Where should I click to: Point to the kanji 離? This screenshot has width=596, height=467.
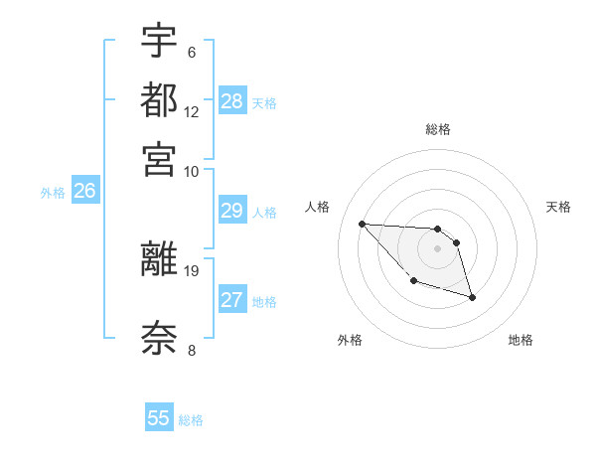pos(159,258)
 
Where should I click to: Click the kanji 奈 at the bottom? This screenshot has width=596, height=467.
pos(159,337)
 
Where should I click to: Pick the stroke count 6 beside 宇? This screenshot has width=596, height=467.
pos(192,52)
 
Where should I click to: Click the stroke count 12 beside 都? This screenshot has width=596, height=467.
pos(192,111)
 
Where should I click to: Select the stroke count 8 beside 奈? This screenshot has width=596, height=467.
pos(192,350)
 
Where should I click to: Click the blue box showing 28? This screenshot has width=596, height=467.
pos(232,101)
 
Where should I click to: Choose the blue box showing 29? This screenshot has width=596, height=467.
pos(232,211)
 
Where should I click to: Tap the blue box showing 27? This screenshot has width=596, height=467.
pos(232,300)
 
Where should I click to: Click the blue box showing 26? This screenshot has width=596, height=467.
pos(84,192)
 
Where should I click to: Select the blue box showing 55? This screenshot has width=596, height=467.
pos(159,418)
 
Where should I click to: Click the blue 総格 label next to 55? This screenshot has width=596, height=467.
pos(191,420)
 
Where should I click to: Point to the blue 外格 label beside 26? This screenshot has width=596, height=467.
pos(53,194)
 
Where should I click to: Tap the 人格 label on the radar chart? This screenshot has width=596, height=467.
pos(318,207)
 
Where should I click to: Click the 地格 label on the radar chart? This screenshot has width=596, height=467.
pos(521,341)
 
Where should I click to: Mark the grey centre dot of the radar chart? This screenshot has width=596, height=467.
pos(437,248)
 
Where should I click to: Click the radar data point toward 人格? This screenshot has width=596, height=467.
pos(362,224)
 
